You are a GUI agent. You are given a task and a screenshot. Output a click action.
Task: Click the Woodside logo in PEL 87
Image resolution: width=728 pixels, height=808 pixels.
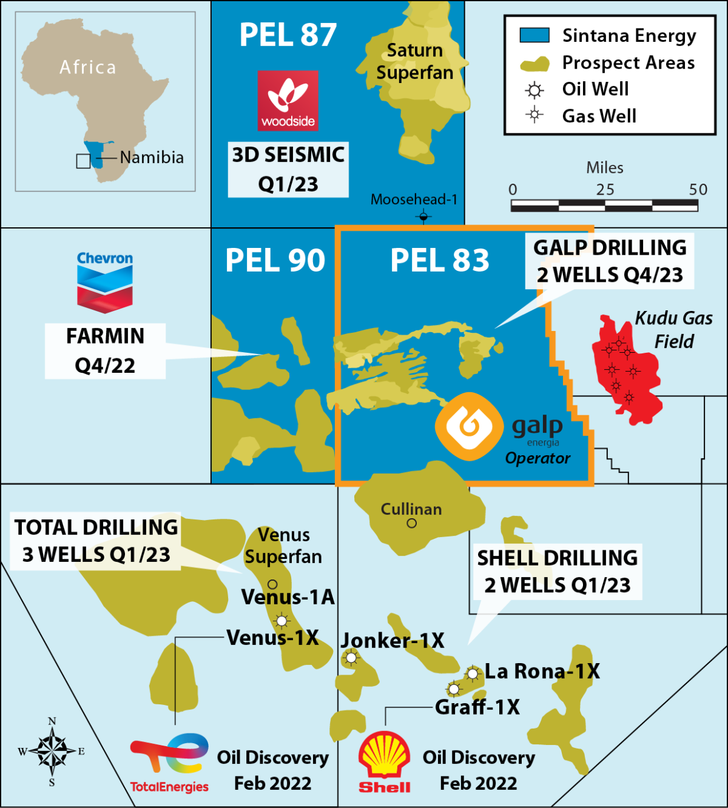pos(288,100)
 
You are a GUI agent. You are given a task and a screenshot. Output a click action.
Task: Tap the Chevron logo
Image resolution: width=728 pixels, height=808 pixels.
pos(104,282)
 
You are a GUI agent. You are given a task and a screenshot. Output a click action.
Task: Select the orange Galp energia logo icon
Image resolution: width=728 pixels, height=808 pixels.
pos(469,426)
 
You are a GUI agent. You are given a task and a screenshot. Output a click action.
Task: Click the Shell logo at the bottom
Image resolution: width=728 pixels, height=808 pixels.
pos(384,761)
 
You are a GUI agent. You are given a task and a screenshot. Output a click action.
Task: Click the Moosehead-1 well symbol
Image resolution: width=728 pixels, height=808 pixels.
pos(423,216)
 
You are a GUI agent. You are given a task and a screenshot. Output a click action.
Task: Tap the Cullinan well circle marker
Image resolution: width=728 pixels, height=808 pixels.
pos(412,524)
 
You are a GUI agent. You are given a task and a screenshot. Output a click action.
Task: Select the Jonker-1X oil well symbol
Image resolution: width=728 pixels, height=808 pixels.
pos(351,658)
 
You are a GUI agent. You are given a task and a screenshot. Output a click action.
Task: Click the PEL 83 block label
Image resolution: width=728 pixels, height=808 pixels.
pos(439,261)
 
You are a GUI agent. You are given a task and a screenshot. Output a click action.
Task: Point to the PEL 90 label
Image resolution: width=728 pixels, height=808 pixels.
pos(275,261)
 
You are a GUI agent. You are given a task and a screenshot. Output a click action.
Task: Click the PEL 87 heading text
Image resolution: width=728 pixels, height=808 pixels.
pos(288,35)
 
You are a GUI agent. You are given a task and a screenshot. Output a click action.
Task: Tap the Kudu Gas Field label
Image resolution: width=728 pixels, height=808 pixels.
pos(673,330)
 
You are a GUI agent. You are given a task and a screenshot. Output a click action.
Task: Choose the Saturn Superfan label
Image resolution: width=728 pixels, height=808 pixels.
pos(415,61)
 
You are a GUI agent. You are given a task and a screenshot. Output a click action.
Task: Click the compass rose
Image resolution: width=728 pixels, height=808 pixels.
pos(52,752)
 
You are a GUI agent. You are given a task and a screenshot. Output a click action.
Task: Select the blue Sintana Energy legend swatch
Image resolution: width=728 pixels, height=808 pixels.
pos(534,35)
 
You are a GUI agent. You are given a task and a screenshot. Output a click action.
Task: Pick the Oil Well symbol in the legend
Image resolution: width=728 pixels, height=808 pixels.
pos(534,90)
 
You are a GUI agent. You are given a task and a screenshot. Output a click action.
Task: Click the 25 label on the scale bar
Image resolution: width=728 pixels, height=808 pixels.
pos(605,190)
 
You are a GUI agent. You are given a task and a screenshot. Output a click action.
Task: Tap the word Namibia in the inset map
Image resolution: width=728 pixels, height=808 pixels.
pos(152,158)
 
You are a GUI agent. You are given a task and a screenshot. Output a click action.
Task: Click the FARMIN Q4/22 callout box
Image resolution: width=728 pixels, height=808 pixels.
pos(105,351)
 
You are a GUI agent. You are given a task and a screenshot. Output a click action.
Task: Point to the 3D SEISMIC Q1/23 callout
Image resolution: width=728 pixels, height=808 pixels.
pos(288,169)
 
